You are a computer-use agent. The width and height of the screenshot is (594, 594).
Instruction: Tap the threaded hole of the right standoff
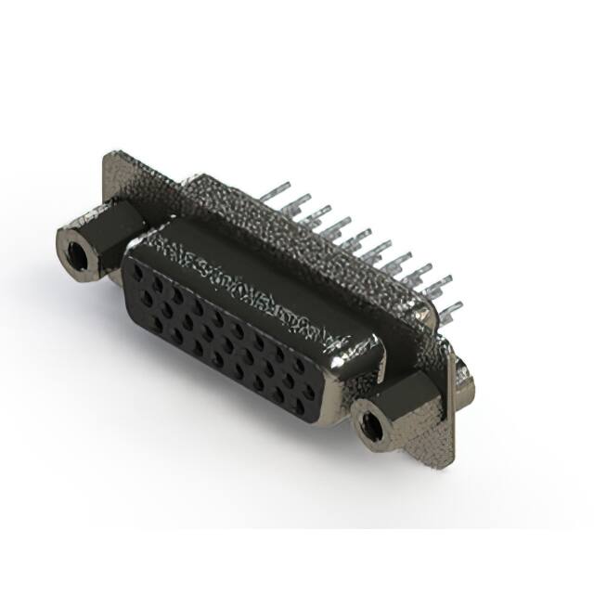click(372, 426)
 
